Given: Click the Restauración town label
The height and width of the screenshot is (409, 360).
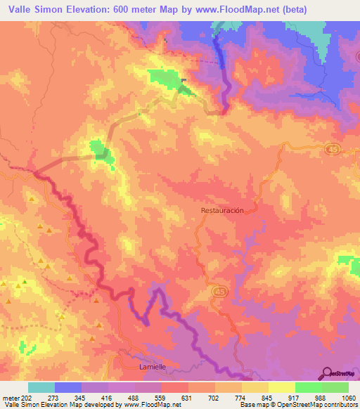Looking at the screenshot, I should coord(222,210).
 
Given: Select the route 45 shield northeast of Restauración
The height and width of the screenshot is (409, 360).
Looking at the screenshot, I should coord(331,149).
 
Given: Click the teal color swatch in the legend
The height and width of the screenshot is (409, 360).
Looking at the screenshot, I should coord(41,387).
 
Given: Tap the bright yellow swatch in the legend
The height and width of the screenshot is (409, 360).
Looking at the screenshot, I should coord(281,387).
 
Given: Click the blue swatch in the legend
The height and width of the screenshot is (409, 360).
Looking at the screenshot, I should coord(68,387).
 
